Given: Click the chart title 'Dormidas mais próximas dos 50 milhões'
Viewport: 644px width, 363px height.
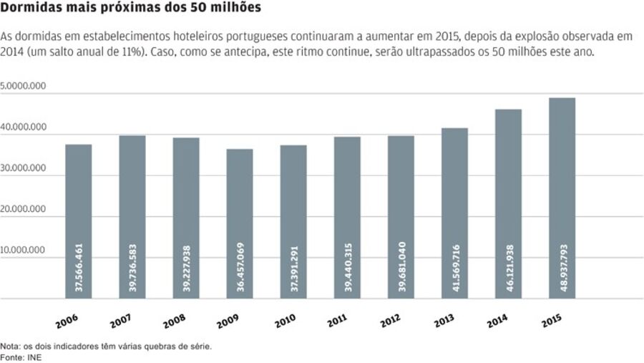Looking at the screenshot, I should pyautogui.click(x=130, y=9).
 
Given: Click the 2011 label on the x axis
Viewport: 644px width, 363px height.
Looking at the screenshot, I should pyautogui.click(x=338, y=320).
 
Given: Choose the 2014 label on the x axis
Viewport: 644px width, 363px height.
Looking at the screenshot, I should pyautogui.click(x=498, y=320).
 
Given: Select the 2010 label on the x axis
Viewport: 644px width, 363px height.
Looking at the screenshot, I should pyautogui.click(x=284, y=320).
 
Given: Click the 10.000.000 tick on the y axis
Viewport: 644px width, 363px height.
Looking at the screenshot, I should pyautogui.click(x=24, y=251).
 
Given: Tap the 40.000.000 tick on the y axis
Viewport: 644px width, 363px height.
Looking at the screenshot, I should pyautogui.click(x=24, y=127).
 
